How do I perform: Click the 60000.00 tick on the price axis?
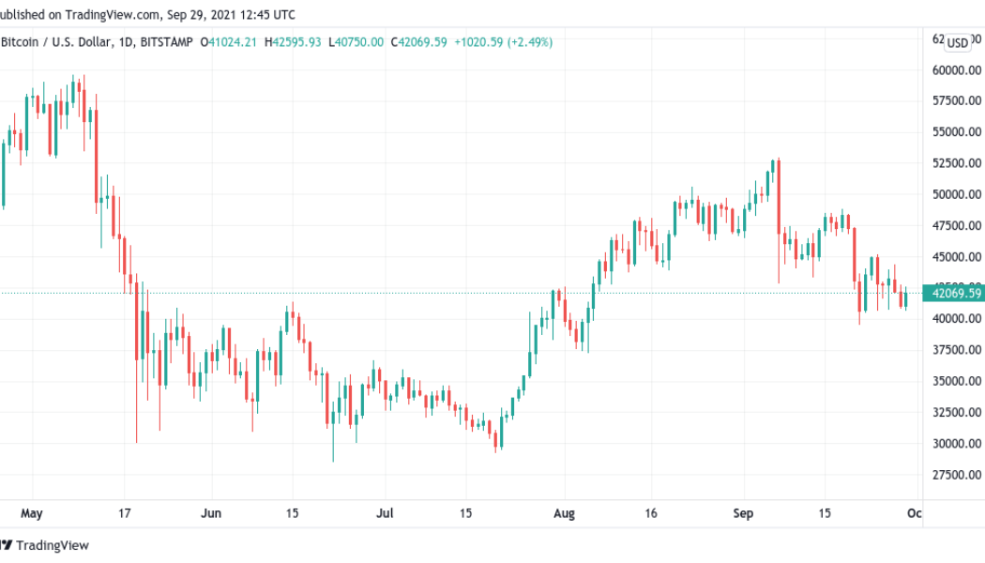(x=957, y=69)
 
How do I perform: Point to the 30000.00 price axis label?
(x=957, y=443)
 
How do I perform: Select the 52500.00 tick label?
(x=957, y=163)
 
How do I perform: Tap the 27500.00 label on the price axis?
(x=957, y=474)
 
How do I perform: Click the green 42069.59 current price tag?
(x=957, y=294)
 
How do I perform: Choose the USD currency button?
(x=958, y=42)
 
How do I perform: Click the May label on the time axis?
(x=32, y=513)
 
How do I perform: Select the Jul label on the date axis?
(x=385, y=513)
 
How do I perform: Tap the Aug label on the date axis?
(x=564, y=513)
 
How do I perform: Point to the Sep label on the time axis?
(x=743, y=513)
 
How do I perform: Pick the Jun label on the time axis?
(x=211, y=513)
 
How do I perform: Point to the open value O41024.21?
(x=225, y=41)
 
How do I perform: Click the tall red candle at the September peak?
(x=779, y=197)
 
